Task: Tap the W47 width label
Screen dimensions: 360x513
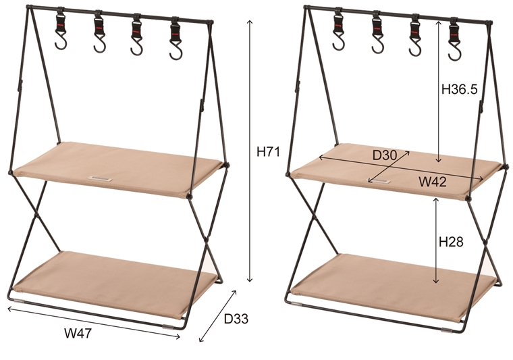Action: (x=78, y=332)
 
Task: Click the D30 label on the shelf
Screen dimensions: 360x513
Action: (x=385, y=155)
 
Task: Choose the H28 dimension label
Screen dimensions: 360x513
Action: (x=451, y=241)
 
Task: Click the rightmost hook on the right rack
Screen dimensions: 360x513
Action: (x=451, y=39)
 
